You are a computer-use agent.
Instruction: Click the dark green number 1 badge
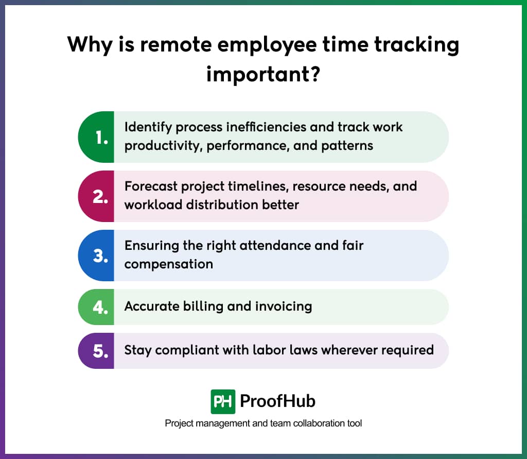tap(96, 137)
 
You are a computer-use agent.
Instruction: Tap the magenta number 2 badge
tap(96, 196)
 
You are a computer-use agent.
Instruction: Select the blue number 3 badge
tap(96, 256)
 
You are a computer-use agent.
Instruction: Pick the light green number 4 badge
tap(96, 307)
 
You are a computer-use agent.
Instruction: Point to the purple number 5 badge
tap(96, 351)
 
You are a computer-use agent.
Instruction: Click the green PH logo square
tap(223, 401)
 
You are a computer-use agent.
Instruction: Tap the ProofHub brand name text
tap(278, 401)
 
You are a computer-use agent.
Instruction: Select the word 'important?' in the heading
tap(263, 73)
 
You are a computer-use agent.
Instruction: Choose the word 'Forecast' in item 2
tap(150, 186)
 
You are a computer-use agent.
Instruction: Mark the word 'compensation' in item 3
tap(169, 264)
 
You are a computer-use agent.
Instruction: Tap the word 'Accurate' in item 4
tap(152, 307)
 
